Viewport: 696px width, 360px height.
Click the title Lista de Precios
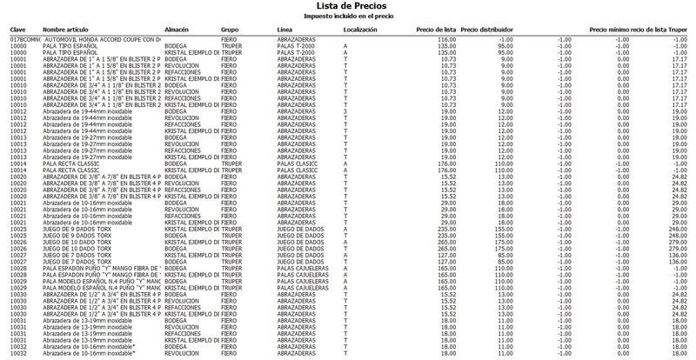pos(347,6)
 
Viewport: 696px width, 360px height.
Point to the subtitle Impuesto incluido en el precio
pos(347,16)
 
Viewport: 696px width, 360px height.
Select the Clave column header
pos(18,30)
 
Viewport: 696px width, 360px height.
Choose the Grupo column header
pos(231,30)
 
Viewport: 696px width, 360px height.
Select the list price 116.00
pos(446,40)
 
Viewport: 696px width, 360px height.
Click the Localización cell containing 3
pos(345,111)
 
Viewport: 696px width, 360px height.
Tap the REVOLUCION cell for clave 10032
pos(183,355)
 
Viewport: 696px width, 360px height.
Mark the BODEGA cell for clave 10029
pos(177,286)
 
